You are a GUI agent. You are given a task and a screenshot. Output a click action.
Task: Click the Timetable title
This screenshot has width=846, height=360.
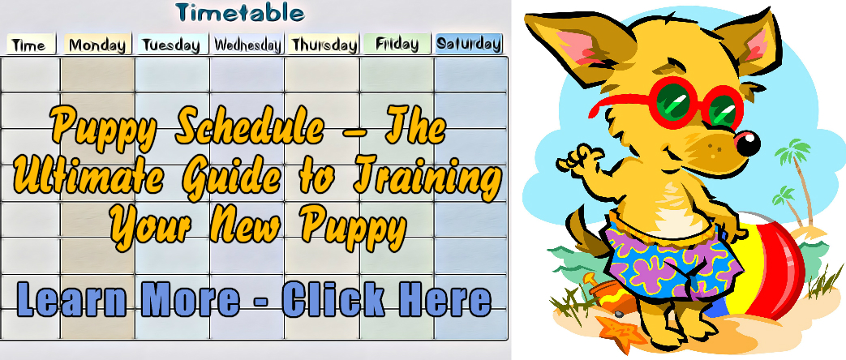coord(240,13)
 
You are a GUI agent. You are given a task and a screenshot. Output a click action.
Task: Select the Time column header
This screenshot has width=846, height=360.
coord(30,45)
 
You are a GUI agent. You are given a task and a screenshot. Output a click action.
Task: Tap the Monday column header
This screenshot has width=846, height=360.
coord(97,45)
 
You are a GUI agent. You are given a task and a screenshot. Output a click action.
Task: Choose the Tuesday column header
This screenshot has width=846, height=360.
coord(172,45)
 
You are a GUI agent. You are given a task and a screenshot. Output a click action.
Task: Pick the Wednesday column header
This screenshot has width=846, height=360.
coord(247,45)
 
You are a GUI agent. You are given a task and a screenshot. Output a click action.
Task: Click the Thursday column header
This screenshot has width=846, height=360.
coord(323,45)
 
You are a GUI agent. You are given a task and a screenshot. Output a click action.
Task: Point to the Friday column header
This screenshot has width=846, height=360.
coord(397,44)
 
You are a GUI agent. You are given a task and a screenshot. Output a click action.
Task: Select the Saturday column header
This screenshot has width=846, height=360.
coord(469,44)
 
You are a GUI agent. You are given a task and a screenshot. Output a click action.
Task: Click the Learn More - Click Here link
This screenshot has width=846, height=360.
coord(254,300)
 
